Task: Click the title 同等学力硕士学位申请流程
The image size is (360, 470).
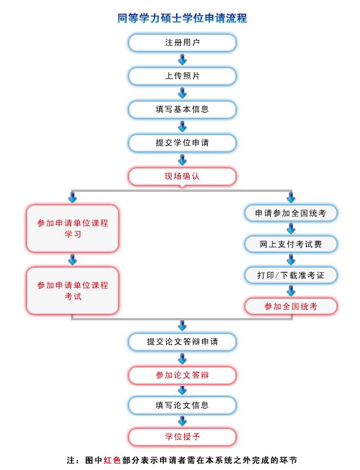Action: pyautogui.click(x=182, y=18)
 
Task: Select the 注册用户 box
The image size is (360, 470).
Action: pyautogui.click(x=182, y=43)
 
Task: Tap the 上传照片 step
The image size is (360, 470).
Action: pyautogui.click(x=182, y=76)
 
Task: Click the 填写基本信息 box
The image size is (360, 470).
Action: pyautogui.click(x=182, y=110)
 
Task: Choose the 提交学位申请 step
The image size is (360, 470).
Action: pyautogui.click(x=182, y=143)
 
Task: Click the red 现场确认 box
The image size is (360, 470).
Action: pyautogui.click(x=182, y=177)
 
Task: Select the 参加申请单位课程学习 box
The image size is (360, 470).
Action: pyautogui.click(x=73, y=229)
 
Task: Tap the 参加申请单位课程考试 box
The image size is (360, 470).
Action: pyautogui.click(x=73, y=291)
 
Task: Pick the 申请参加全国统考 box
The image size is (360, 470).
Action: pyautogui.click(x=291, y=214)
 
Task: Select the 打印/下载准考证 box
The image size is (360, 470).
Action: pyautogui.click(x=291, y=275)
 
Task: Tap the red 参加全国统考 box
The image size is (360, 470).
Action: pyautogui.click(x=291, y=306)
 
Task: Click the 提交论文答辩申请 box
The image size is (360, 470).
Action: pyautogui.click(x=182, y=342)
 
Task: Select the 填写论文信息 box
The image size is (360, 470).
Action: pyautogui.click(x=182, y=405)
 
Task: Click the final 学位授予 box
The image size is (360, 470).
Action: pyautogui.click(x=182, y=437)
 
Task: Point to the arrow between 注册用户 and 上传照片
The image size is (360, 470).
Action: pyautogui.click(x=182, y=59)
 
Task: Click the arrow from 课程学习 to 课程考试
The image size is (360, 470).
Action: pyautogui.click(x=73, y=260)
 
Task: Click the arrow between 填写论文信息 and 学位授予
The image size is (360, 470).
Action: pyautogui.click(x=182, y=421)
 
